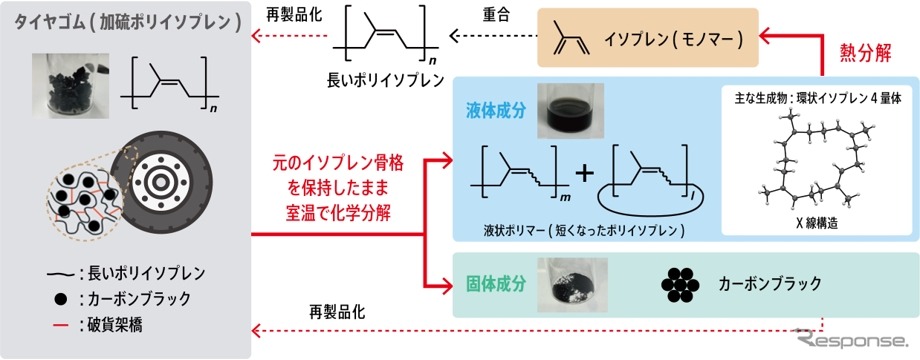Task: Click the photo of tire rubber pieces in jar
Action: (67, 75)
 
